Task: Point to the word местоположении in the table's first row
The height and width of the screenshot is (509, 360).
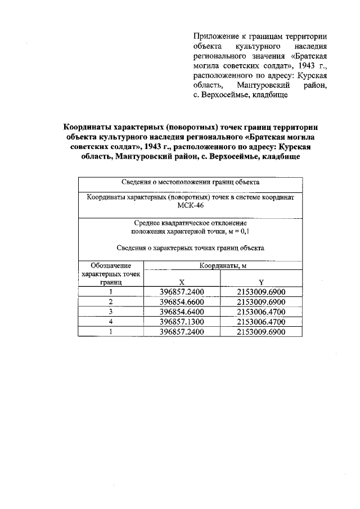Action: coord(182,182)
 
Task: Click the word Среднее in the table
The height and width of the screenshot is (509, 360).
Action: coord(147,223)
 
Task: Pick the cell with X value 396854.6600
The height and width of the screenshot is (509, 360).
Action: coord(181,302)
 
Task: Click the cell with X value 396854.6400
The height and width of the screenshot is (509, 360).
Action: coord(181,312)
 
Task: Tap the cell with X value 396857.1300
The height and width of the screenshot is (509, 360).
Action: coord(181,322)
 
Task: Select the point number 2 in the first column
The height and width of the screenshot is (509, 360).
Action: coord(111,302)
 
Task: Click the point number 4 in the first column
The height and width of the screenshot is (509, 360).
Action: coord(111,322)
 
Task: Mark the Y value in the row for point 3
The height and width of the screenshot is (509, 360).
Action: coord(261,312)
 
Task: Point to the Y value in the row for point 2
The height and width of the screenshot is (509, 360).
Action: coord(261,302)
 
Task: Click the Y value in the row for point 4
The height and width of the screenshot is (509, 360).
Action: coord(261,322)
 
